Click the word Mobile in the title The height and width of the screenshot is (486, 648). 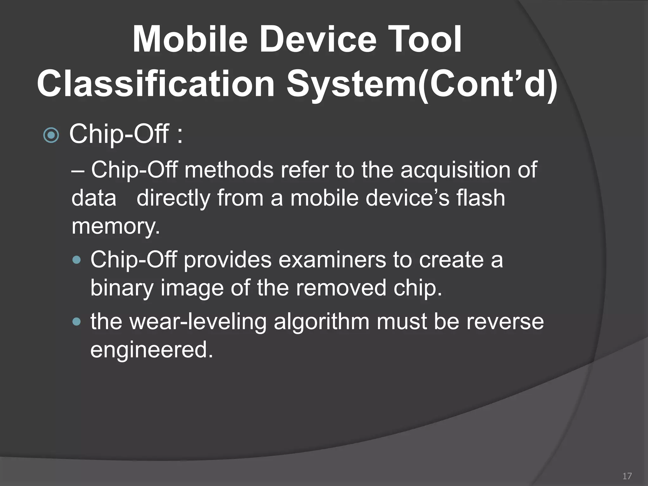(x=190, y=40)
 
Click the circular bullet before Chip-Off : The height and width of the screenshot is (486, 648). (x=51, y=136)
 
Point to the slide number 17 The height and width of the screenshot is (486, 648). (x=627, y=476)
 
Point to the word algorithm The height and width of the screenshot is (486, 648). (x=321, y=321)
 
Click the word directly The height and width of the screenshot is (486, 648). (x=173, y=198)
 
